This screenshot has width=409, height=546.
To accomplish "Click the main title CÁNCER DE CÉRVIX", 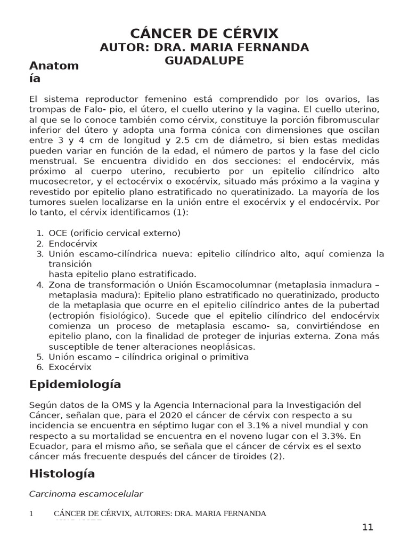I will coord(204,33).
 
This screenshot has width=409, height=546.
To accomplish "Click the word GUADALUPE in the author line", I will coord(204,61).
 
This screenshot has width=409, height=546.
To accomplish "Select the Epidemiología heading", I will coord(75,384).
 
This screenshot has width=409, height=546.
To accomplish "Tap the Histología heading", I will coord(62,473).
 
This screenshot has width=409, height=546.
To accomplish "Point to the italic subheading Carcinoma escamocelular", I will coord(86,494).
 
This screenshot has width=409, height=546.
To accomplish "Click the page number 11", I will coord(367,527).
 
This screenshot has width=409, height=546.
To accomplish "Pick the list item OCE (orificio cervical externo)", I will coord(114,233).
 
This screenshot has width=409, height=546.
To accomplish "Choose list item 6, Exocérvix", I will coord(70,367).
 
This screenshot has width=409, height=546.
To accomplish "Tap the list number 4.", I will coord(39,284).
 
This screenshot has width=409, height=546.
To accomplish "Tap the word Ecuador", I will coord(46,445).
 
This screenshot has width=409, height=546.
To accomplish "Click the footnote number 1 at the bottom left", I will coord(31,513).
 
